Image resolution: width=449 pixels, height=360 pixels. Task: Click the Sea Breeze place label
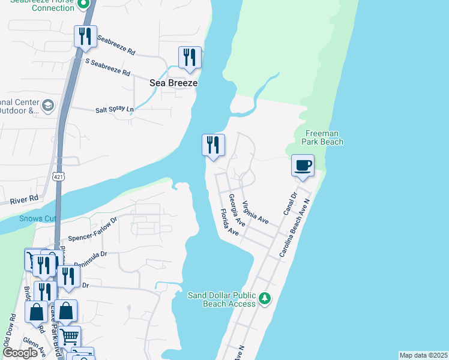[173, 83]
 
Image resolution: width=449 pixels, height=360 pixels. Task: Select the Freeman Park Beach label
[324, 137]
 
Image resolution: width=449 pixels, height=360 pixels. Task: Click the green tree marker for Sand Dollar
[265, 298]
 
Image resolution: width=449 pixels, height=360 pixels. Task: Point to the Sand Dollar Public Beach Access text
[222, 299]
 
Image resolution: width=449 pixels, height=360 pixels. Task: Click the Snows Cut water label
[37, 218]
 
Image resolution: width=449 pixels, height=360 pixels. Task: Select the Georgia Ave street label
[237, 210]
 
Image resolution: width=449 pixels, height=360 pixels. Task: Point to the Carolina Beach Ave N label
[294, 229]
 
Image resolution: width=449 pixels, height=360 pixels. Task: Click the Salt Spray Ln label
[114, 110]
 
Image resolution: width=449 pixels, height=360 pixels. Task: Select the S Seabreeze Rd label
[108, 66]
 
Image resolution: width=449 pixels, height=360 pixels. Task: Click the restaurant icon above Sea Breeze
[190, 58]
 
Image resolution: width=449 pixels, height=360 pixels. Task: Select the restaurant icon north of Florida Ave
[213, 145]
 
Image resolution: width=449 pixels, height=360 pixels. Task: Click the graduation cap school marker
[47, 106]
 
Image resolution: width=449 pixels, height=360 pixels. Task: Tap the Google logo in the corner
[20, 353]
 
